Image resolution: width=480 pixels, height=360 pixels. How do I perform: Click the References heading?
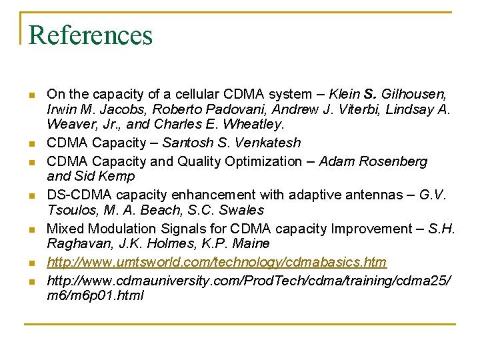[x=91, y=35]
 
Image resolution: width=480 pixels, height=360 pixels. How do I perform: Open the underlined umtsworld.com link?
[x=217, y=262]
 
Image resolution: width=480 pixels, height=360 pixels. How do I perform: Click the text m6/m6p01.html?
[x=95, y=295]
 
